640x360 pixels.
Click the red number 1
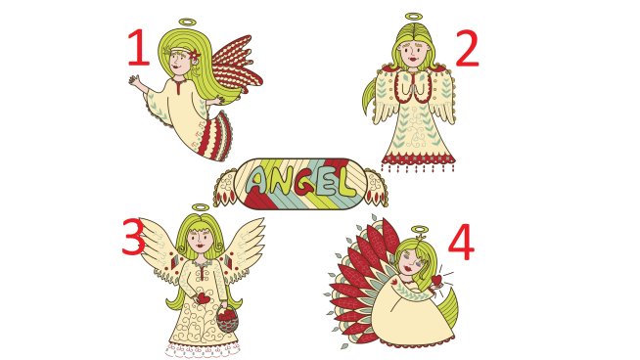pyautogui.click(x=139, y=47)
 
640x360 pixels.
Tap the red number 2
pyautogui.click(x=468, y=48)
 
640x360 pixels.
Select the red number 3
pyautogui.click(x=134, y=237)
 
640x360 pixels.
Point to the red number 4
pyautogui.click(x=461, y=243)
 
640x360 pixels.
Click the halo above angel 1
pyautogui.click(x=187, y=22)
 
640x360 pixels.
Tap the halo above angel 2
pyautogui.click(x=414, y=18)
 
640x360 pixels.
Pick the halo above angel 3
pyautogui.click(x=200, y=207)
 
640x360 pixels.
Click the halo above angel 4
pyautogui.click(x=419, y=229)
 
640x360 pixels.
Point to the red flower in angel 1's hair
pyautogui.click(x=195, y=54)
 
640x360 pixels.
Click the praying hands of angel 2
pyautogui.click(x=410, y=88)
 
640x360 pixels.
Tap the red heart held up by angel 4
pyautogui.click(x=436, y=280)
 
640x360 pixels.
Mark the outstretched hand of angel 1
pyautogui.click(x=135, y=80)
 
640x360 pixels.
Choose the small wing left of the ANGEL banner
pyautogui.click(x=225, y=188)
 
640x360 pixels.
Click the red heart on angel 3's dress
pyautogui.click(x=204, y=298)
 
